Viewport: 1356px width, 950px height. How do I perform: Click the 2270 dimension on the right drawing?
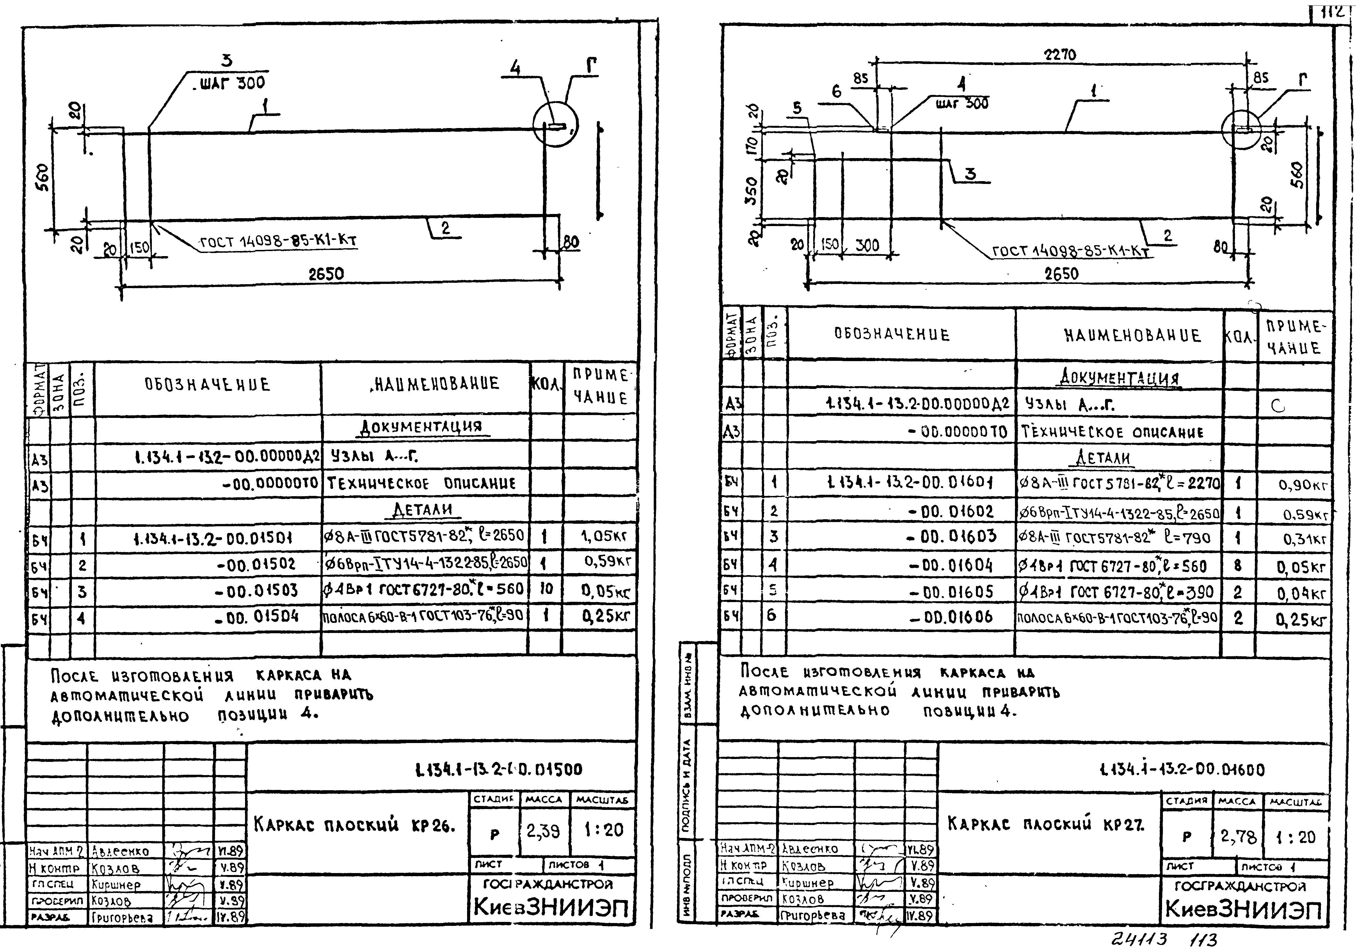click(1060, 55)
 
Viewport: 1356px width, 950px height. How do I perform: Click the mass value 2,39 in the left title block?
click(543, 831)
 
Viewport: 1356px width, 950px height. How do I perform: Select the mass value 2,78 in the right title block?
click(1238, 836)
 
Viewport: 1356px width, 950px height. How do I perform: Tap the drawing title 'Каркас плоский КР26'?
click(354, 825)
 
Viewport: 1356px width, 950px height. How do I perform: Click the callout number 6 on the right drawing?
click(836, 92)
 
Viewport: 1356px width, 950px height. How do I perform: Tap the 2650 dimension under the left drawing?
click(326, 274)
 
